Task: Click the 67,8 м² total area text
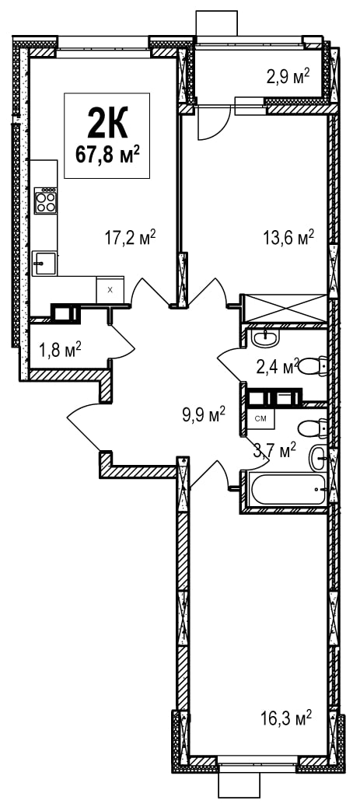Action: click(107, 153)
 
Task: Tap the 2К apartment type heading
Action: click(107, 124)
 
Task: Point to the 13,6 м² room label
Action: click(288, 238)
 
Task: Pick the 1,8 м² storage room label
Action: click(60, 351)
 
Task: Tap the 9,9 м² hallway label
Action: click(204, 414)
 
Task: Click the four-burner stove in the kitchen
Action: click(45, 201)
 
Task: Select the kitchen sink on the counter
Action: click(44, 263)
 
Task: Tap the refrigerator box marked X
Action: click(110, 290)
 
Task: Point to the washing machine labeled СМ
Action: click(260, 418)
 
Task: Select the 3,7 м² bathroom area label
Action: click(275, 449)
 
